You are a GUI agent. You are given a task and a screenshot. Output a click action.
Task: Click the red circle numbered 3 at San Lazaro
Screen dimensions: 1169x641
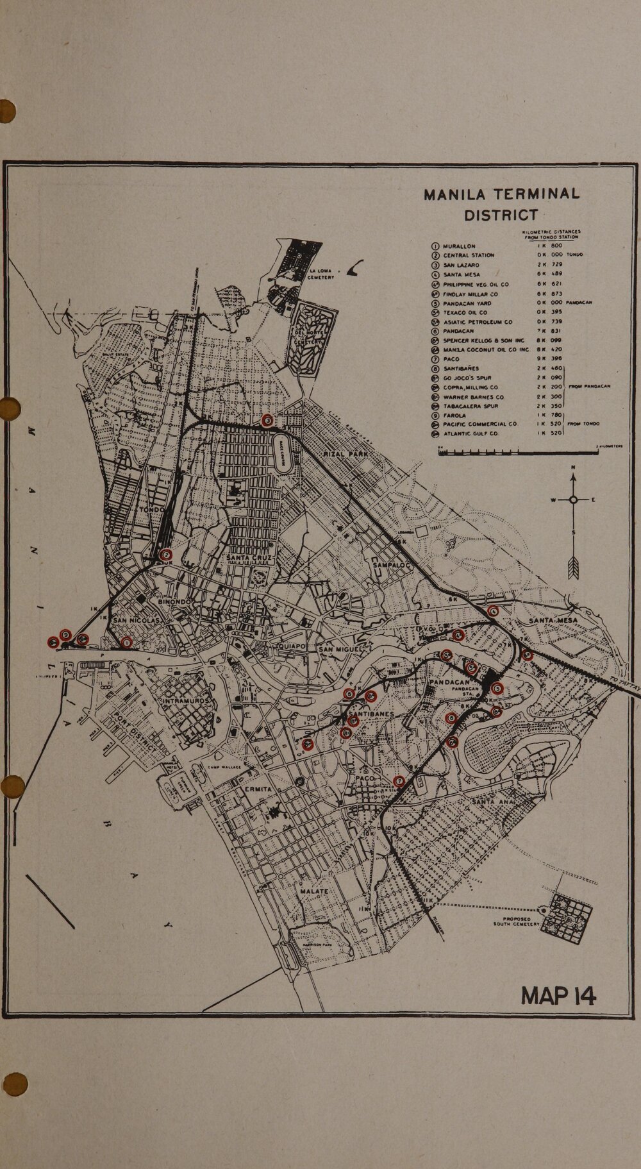coord(268,420)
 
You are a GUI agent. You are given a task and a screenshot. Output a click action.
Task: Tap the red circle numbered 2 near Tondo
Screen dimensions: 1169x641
coord(166,555)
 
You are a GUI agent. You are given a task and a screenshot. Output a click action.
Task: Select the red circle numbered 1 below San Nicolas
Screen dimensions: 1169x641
coord(126,642)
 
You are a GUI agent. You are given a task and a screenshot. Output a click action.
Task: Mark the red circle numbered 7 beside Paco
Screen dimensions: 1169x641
coord(399,781)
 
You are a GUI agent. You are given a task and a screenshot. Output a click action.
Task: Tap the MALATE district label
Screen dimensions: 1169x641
coord(313,892)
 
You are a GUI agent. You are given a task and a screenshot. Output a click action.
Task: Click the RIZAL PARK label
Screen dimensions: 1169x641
coord(346,454)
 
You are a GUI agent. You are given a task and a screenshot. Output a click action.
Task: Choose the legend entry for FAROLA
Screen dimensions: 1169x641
coord(454,415)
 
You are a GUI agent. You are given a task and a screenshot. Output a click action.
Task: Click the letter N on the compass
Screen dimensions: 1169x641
coord(573,466)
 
